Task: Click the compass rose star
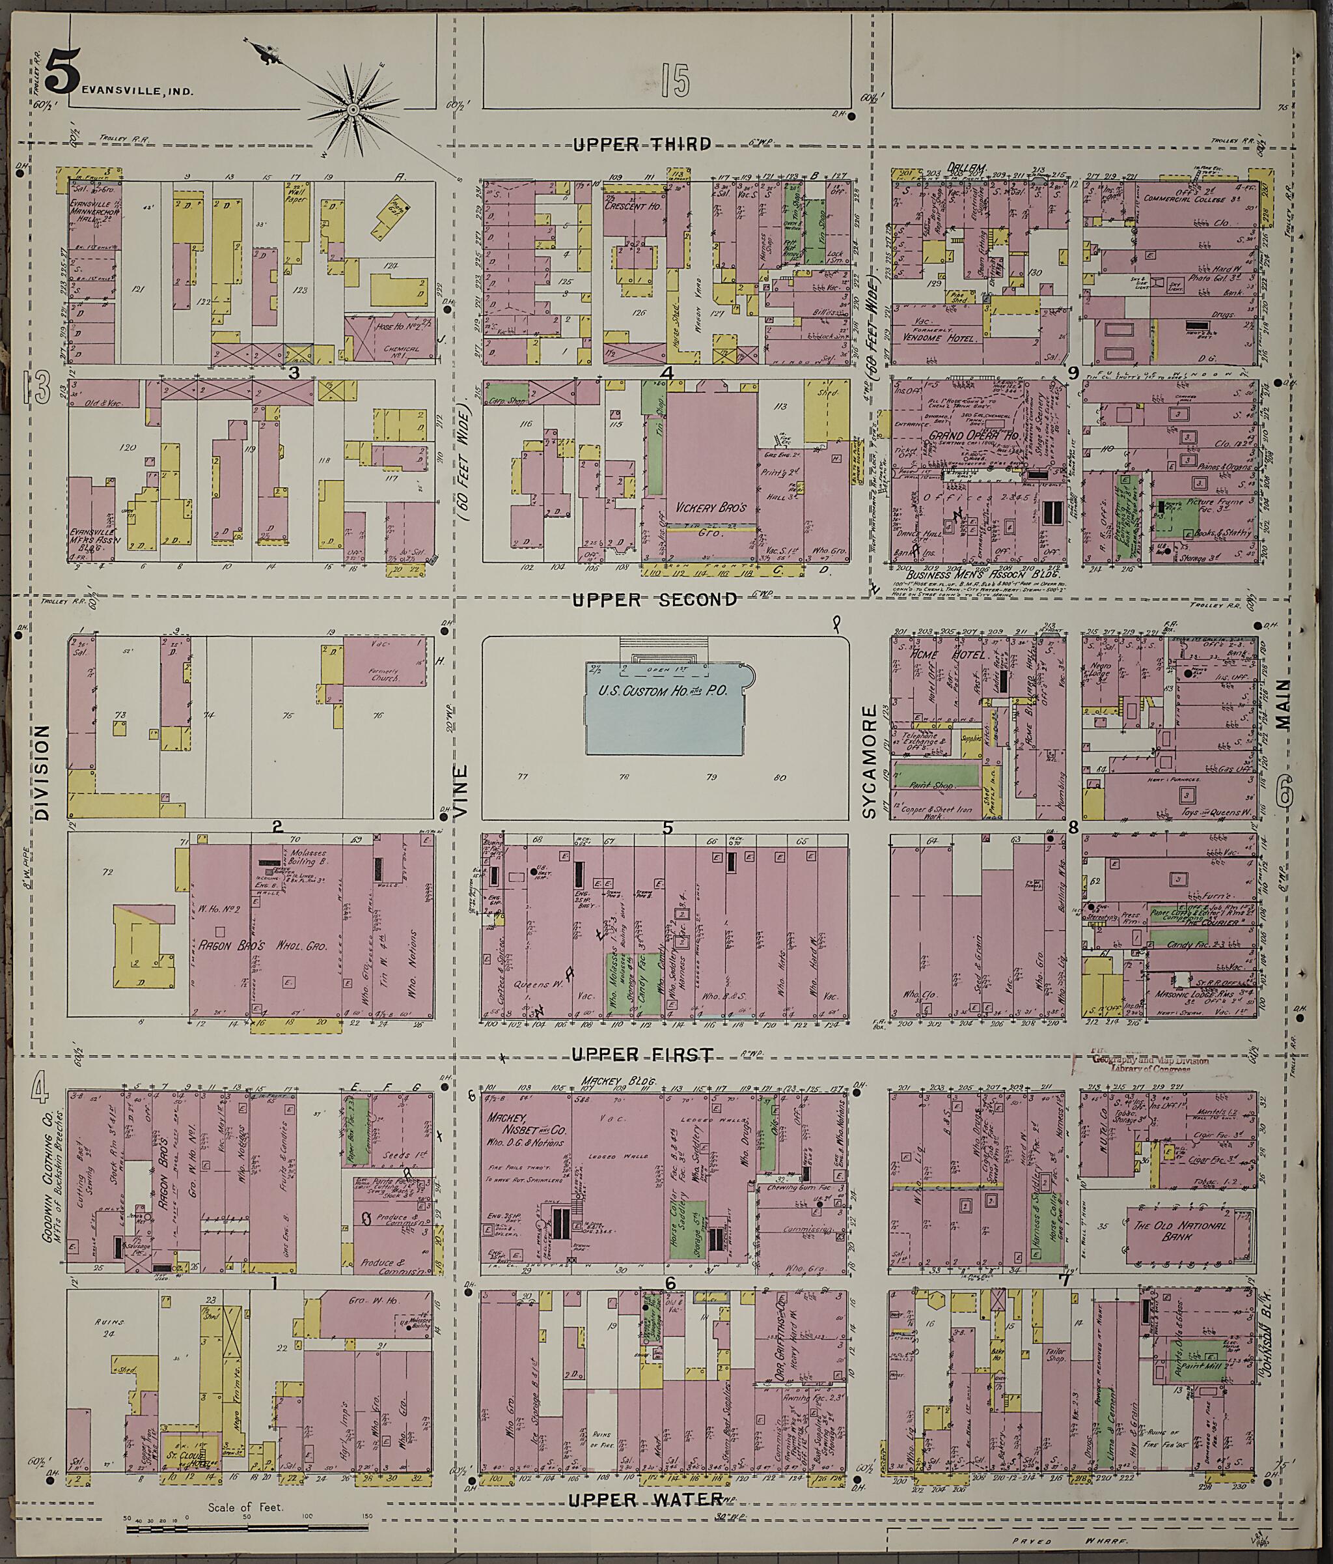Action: point(352,109)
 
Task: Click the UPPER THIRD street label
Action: point(641,144)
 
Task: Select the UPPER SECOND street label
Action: point(653,599)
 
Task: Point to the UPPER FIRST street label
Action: point(642,1055)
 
